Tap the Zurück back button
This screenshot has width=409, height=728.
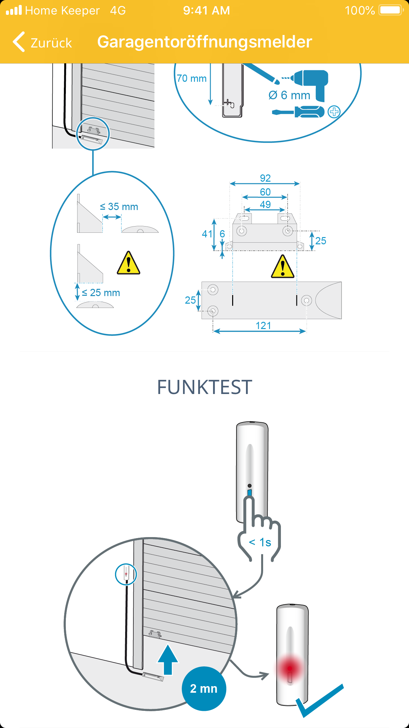(42, 42)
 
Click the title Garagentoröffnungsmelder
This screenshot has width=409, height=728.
(204, 42)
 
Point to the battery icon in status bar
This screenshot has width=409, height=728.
(391, 10)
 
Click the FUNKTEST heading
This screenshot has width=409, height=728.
(204, 387)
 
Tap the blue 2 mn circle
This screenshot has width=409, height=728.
(204, 688)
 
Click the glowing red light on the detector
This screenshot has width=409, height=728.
(290, 669)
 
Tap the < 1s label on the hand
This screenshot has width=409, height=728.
(260, 542)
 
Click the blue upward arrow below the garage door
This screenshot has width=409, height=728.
(168, 660)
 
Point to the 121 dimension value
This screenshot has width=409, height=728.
(263, 326)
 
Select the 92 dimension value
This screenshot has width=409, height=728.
(265, 178)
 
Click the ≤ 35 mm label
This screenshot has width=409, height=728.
(119, 207)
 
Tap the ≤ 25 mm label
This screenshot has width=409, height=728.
(101, 293)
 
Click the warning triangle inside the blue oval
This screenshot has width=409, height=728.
(128, 263)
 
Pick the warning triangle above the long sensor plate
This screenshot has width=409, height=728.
(283, 266)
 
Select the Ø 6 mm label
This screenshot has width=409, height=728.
(289, 95)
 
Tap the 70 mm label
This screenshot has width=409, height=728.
(192, 78)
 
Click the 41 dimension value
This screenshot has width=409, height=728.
(207, 234)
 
